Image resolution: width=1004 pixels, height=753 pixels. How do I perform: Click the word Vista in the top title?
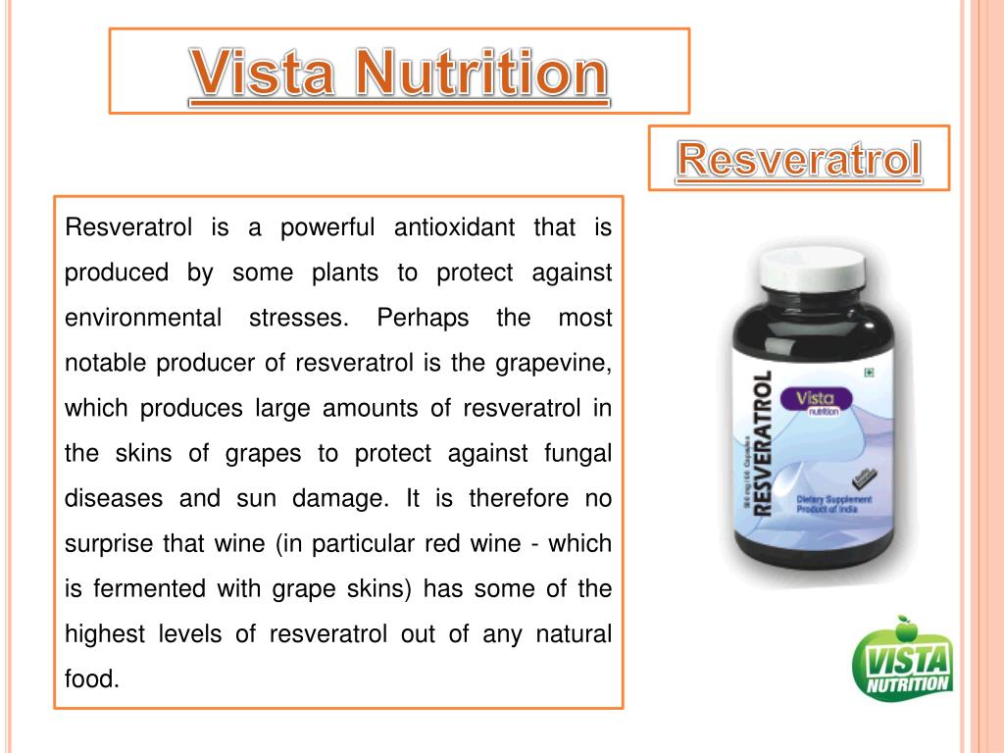tap(262, 74)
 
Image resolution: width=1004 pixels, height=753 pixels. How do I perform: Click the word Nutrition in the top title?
tap(478, 74)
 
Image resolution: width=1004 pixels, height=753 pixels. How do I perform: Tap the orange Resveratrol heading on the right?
tap(799, 161)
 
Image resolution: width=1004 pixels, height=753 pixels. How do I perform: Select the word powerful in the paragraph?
tap(328, 228)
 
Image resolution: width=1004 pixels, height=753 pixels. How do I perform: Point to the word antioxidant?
tap(454, 228)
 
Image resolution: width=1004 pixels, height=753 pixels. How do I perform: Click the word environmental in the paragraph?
tap(142, 319)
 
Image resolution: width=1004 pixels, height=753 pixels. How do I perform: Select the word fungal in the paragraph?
tap(577, 454)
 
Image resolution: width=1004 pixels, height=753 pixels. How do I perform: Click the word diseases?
tap(113, 499)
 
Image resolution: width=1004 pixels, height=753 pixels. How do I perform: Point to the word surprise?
tap(105, 544)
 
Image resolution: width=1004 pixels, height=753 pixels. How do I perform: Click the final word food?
tap(91, 678)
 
